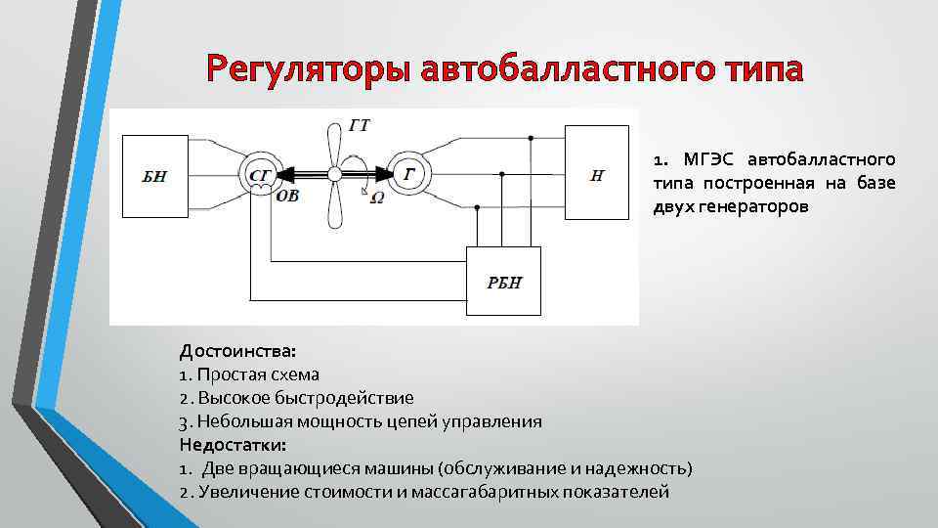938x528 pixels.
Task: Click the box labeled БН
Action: (154, 177)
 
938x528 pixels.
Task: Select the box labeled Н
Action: (597, 175)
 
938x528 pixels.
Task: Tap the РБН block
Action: (504, 283)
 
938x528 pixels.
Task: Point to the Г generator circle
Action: (407, 174)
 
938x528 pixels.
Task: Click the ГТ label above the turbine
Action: (359, 124)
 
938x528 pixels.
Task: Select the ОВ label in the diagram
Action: (289, 196)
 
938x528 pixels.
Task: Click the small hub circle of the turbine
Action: (334, 174)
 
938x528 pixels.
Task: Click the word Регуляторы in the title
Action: (311, 70)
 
